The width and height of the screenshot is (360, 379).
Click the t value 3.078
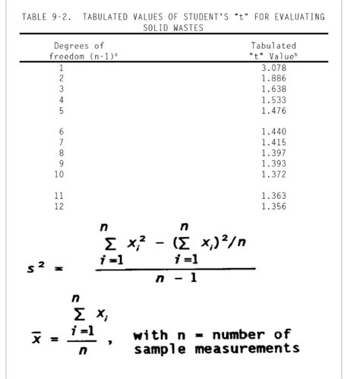(273, 68)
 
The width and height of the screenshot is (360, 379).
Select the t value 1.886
(273, 78)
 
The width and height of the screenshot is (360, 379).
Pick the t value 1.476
(273, 110)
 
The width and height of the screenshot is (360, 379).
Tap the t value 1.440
(273, 131)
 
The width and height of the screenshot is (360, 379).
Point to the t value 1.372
(273, 174)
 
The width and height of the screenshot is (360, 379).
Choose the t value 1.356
(273, 206)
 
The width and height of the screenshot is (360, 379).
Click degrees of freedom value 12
(62, 206)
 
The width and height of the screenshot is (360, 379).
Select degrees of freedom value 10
(62, 174)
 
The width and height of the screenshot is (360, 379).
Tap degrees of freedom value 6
(62, 131)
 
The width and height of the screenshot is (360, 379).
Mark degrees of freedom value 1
(62, 68)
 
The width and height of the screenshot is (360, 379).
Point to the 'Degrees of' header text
(78, 46)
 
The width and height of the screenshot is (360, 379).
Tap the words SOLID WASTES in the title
(175, 27)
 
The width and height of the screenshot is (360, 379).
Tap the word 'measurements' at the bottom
(254, 349)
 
